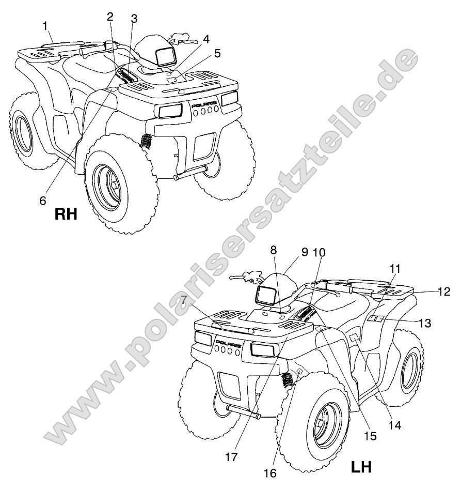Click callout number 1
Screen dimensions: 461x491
click(45, 26)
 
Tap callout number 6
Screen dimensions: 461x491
click(43, 201)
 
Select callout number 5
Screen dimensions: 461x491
click(217, 53)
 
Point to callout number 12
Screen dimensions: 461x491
click(444, 291)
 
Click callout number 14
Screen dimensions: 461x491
click(395, 425)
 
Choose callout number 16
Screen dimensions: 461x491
click(270, 473)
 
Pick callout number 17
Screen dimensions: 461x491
click(231, 457)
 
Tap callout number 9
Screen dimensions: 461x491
click(304, 252)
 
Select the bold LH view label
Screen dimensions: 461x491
click(361, 467)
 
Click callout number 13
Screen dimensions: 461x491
click(425, 323)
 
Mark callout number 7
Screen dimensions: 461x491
click(184, 300)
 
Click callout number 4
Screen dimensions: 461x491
click(206, 39)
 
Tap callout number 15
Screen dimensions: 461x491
click(370, 436)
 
